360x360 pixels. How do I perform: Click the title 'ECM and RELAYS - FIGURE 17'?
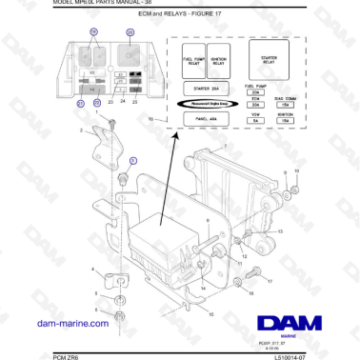179,16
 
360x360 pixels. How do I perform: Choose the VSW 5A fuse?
254,119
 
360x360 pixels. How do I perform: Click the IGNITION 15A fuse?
285,119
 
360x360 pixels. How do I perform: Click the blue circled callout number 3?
132,161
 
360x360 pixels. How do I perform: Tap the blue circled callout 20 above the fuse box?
130,32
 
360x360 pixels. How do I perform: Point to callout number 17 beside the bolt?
270,283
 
